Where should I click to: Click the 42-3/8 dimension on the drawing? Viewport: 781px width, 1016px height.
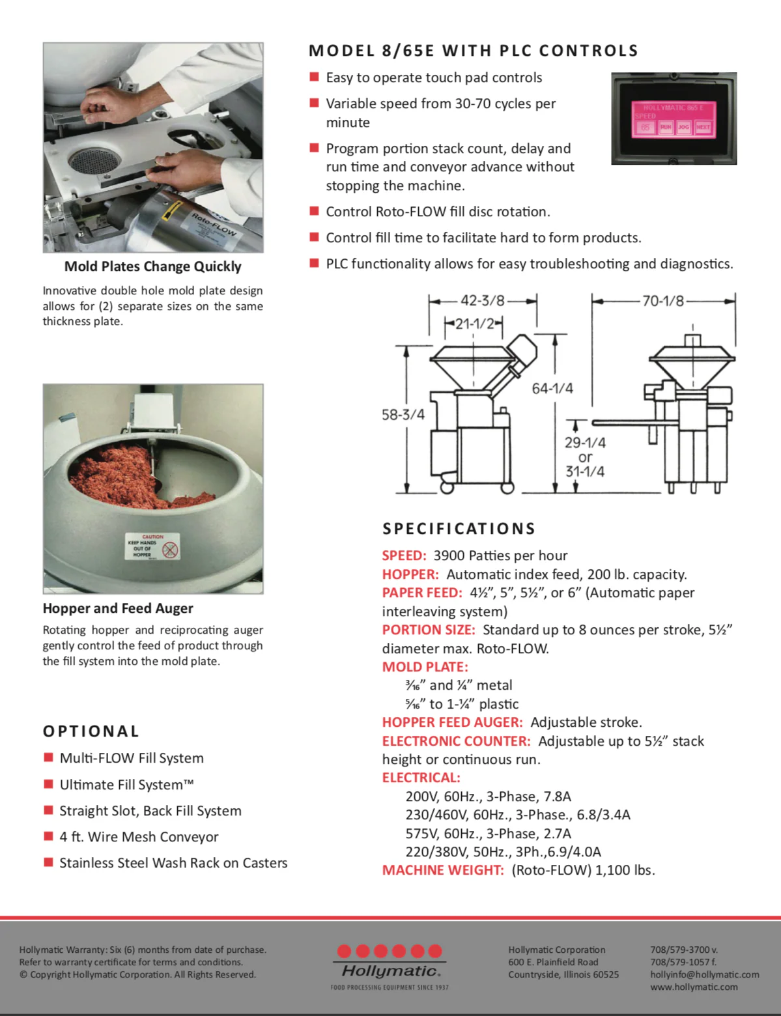(x=482, y=300)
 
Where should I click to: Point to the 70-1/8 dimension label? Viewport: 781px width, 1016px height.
(x=663, y=300)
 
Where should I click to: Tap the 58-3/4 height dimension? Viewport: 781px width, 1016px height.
(x=403, y=414)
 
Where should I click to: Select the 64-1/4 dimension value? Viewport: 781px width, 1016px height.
(x=552, y=388)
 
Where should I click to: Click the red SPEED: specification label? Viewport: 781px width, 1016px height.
(x=404, y=556)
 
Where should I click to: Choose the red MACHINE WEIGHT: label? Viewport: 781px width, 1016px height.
(x=443, y=870)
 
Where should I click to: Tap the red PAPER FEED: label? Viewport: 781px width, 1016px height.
(x=421, y=593)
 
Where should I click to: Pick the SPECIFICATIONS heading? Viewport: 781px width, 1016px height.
(x=459, y=528)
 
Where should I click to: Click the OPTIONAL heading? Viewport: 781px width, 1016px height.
(x=91, y=731)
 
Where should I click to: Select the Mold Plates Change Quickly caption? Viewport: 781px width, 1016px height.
(x=152, y=266)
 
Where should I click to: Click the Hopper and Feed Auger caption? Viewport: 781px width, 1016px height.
(x=118, y=608)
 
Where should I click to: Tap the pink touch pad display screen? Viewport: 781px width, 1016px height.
(x=674, y=119)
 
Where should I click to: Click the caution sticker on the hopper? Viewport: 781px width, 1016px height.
(x=152, y=547)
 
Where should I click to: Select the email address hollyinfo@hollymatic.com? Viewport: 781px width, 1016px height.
(x=704, y=974)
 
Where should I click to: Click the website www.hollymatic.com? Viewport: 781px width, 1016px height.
(x=694, y=987)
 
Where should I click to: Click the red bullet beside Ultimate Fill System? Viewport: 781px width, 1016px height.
(x=48, y=784)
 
